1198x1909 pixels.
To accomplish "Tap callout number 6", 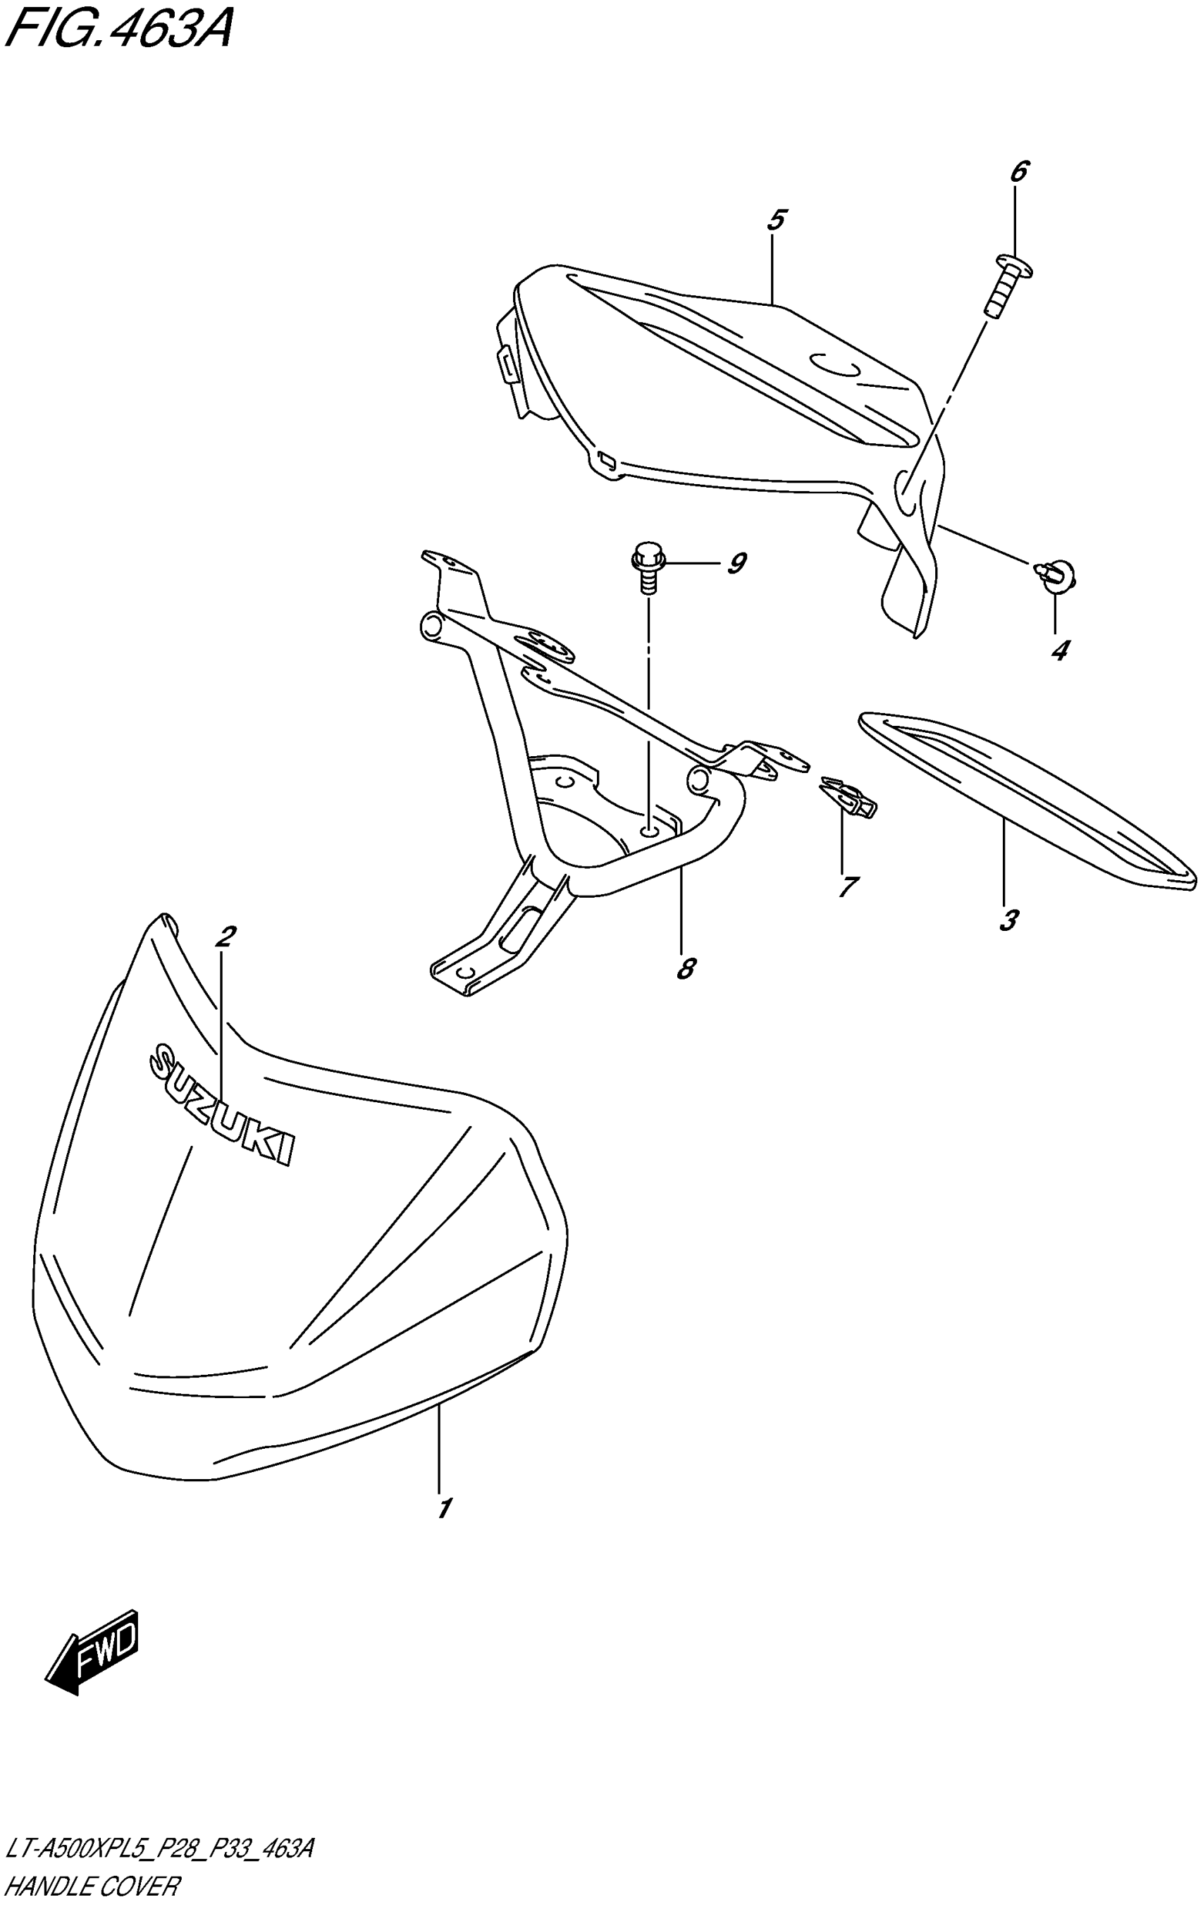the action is (x=1019, y=171).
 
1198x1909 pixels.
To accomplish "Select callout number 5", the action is (x=776, y=219).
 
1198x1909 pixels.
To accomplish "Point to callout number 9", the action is (x=736, y=564).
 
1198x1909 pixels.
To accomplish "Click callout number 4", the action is (x=1059, y=651).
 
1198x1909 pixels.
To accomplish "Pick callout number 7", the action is (x=847, y=886).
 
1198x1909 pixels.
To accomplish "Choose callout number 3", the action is (x=1008, y=920).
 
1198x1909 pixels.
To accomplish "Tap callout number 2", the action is (x=225, y=937).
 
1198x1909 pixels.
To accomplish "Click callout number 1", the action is (x=444, y=1508).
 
